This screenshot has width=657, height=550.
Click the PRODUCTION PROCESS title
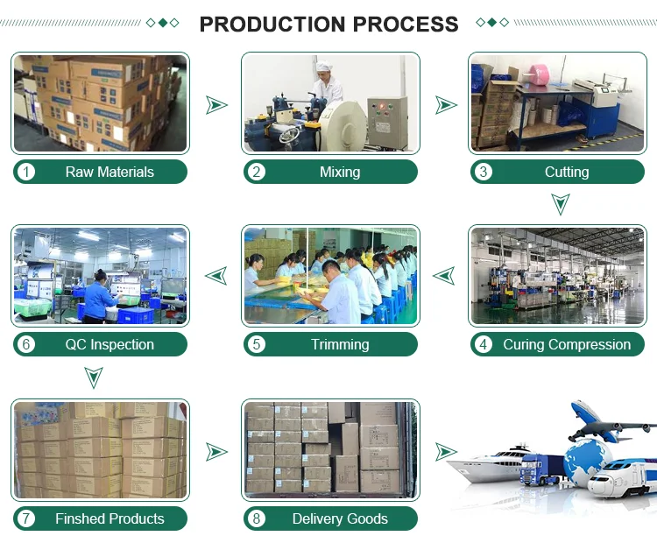click(x=328, y=24)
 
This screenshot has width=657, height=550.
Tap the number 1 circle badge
click(x=26, y=172)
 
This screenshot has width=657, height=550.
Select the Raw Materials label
click(x=109, y=172)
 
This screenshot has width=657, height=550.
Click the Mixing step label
click(x=340, y=172)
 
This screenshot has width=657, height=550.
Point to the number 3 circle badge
click(x=484, y=172)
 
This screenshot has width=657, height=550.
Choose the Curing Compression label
click(x=567, y=344)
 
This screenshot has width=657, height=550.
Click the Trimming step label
click(x=340, y=344)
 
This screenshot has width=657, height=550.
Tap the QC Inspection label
click(x=109, y=344)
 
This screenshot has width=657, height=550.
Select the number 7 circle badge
click(x=26, y=518)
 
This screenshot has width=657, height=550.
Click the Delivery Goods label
click(x=340, y=518)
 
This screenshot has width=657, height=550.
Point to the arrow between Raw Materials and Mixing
click(x=215, y=105)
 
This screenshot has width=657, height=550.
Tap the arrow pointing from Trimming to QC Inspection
click(x=215, y=277)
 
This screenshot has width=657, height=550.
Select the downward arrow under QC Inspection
click(x=95, y=377)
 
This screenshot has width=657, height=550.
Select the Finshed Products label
click(x=109, y=518)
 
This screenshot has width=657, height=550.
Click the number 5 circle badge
click(x=257, y=344)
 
